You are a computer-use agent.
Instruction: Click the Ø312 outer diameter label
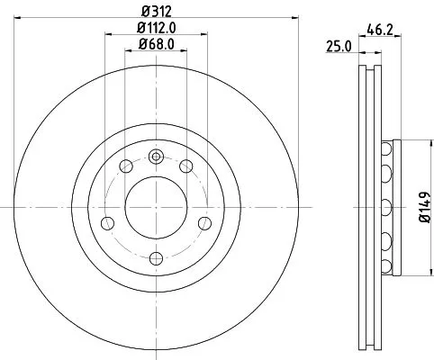click(156, 12)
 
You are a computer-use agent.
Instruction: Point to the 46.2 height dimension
click(378, 29)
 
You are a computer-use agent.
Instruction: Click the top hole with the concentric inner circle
click(156, 157)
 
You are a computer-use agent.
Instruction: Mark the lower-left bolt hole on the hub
click(108, 222)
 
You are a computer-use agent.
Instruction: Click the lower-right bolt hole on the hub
click(203, 222)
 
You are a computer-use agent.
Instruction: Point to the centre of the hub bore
click(156, 206)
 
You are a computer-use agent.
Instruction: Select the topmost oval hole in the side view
click(387, 148)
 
